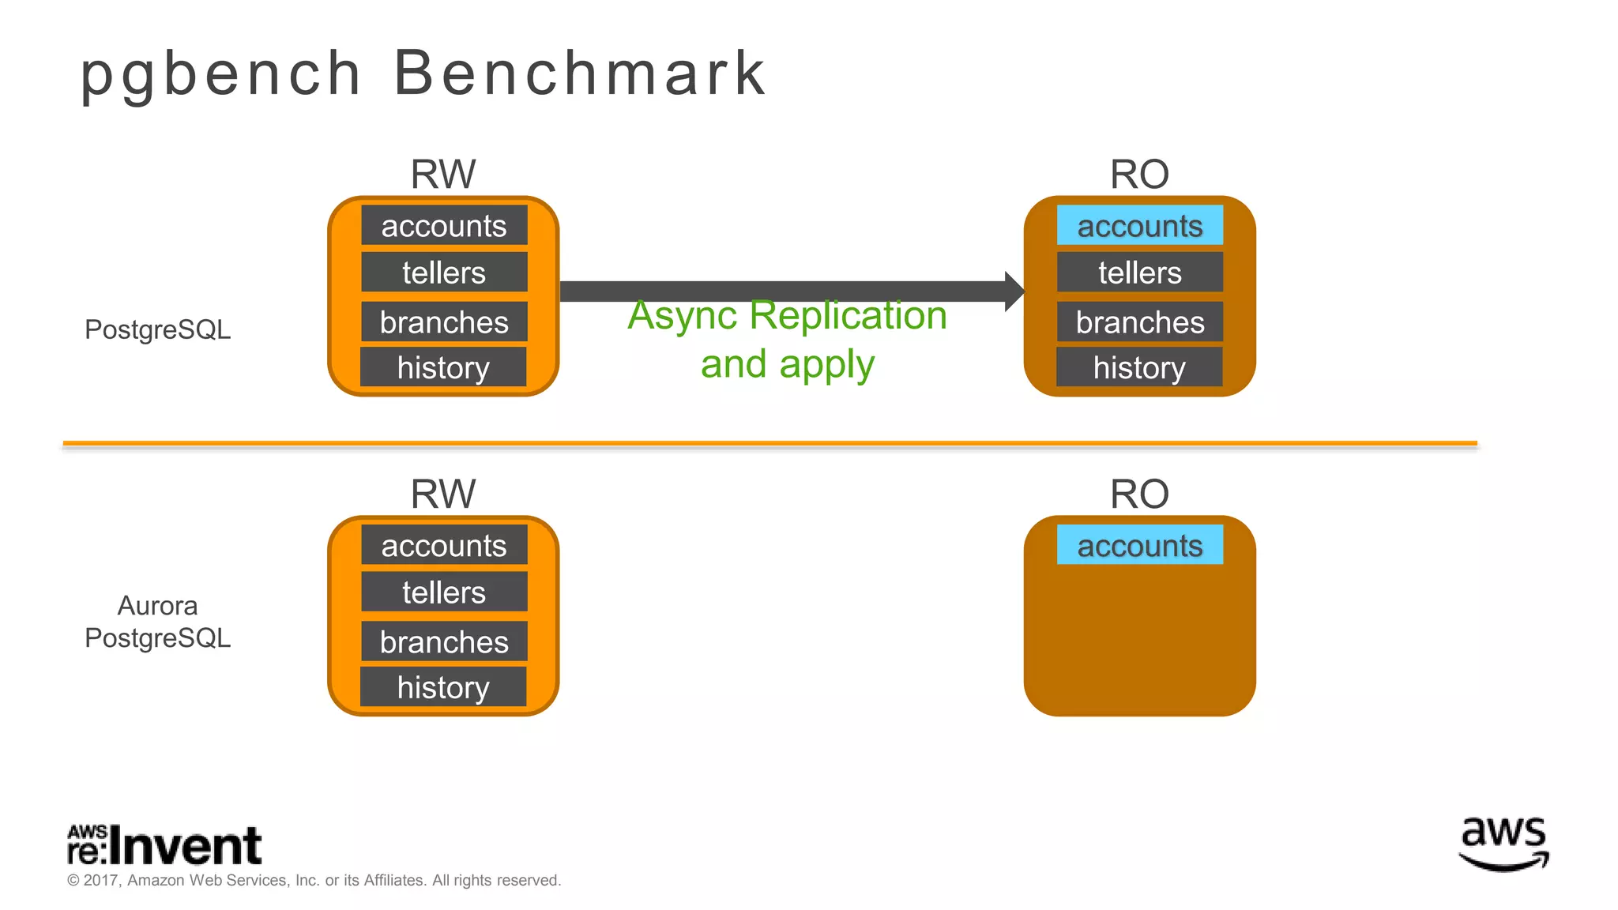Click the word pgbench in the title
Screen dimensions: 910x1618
(221, 74)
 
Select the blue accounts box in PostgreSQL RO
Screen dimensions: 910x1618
(1139, 226)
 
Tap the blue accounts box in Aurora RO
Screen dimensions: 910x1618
(1139, 545)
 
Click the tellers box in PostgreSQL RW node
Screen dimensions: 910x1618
(444, 273)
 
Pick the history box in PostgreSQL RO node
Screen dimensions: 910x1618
(1139, 367)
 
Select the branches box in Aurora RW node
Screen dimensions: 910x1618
(444, 641)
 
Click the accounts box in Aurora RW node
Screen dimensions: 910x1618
(444, 545)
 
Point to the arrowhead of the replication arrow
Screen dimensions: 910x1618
(1014, 291)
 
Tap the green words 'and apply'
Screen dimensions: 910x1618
(787, 364)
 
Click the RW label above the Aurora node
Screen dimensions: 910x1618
(442, 494)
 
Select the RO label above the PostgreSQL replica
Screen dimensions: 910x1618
(1138, 174)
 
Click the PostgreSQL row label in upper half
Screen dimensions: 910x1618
(157, 329)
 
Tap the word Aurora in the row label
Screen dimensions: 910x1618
(157, 606)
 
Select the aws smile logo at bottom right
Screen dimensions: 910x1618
(1503, 844)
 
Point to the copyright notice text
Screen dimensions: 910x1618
(314, 880)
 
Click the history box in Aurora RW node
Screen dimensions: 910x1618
(443, 686)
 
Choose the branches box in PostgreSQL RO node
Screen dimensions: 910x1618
(1139, 322)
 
